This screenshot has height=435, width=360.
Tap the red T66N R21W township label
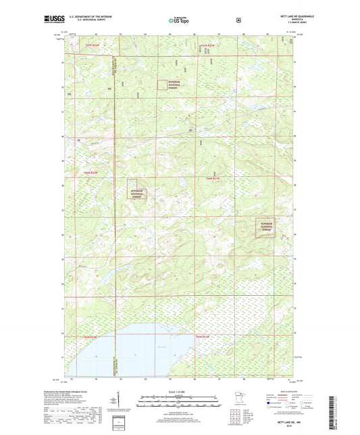213,178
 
